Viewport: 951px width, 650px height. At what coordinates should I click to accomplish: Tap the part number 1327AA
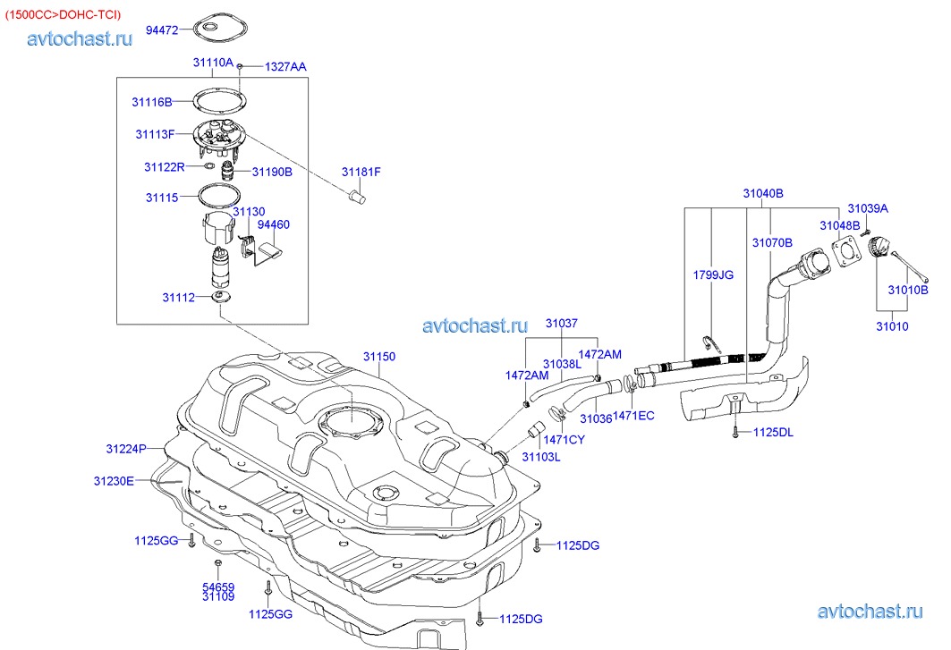(x=285, y=67)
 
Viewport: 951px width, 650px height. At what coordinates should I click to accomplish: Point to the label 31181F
(x=361, y=172)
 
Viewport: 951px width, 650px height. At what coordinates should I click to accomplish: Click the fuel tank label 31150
(x=378, y=356)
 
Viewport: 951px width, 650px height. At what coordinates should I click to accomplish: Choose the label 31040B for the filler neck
(x=762, y=193)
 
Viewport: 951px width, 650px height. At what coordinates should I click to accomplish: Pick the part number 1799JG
(x=713, y=274)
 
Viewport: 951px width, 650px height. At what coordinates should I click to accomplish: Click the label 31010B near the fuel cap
(x=907, y=290)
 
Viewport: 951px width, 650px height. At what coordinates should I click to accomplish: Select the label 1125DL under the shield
(x=773, y=433)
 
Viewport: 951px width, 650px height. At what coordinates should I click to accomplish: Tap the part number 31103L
(x=540, y=457)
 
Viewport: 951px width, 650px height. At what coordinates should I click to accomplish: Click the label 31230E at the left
(x=114, y=481)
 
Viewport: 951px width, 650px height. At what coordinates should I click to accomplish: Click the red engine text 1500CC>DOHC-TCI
(x=63, y=15)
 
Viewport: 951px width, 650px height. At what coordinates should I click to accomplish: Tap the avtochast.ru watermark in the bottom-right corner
(x=869, y=612)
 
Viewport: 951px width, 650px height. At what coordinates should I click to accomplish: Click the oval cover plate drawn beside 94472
(x=212, y=30)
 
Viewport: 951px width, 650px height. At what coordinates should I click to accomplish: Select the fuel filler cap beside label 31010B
(x=879, y=247)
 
